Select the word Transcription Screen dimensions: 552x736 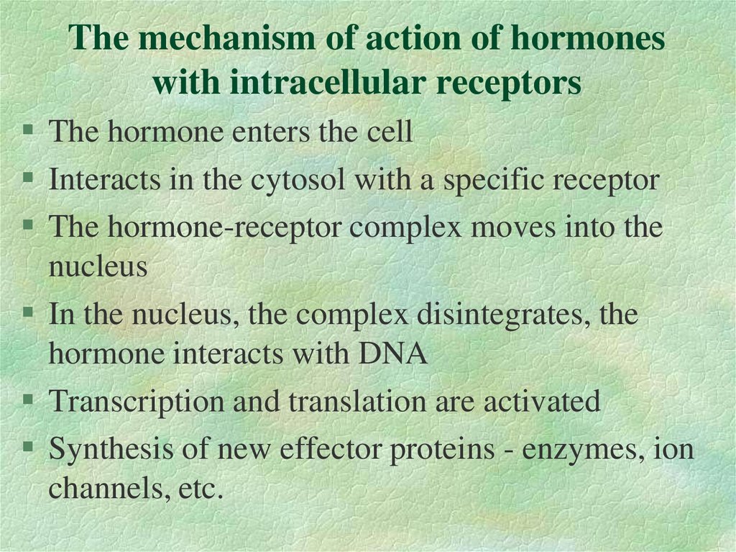coord(135,402)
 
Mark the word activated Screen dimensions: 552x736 coord(542,402)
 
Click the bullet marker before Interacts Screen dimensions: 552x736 coord(28,177)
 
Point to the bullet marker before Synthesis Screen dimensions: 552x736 coord(28,447)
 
